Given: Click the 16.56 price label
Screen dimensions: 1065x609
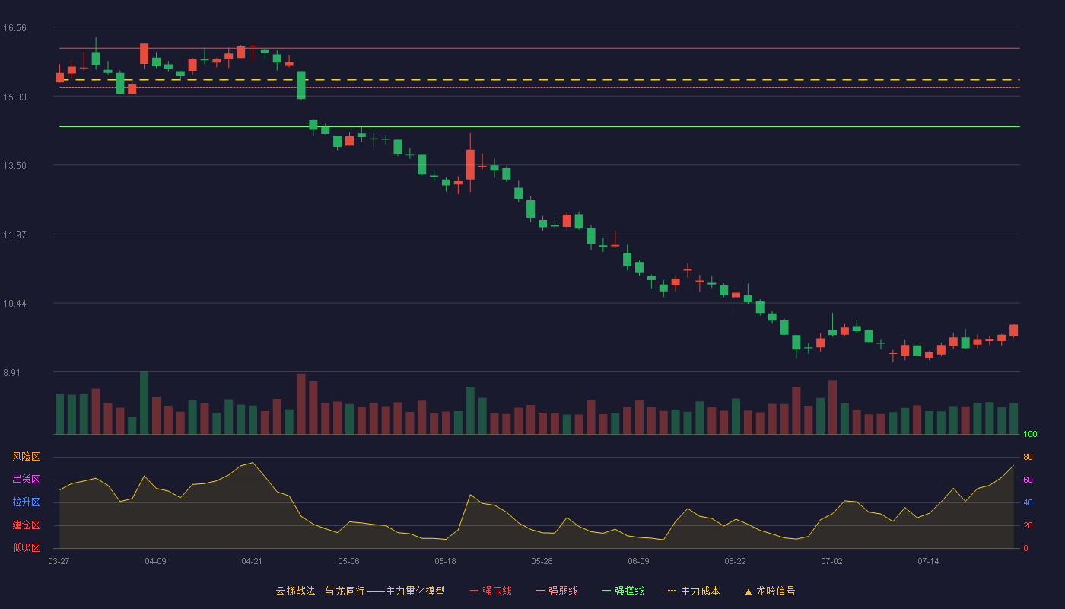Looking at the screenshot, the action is pos(14,28).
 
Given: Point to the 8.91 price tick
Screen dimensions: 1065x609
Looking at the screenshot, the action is pos(12,372).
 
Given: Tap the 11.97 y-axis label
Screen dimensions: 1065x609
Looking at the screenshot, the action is pos(14,234).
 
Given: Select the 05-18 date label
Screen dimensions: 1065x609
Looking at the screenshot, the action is pos(445,562).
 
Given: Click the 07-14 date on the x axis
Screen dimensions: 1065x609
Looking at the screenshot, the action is pos(928,562).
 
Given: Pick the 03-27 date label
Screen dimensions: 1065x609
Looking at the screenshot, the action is pos(59,562).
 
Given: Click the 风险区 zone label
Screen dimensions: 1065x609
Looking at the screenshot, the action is pos(26,457).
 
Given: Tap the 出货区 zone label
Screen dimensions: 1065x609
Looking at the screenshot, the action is pos(26,479).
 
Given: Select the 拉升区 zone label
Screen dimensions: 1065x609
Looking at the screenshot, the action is pos(26,502).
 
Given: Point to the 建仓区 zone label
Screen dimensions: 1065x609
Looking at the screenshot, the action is pos(26,525).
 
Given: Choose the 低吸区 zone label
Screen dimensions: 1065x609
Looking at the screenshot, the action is pos(26,547).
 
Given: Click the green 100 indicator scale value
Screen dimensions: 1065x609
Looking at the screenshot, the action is pos(1030,434).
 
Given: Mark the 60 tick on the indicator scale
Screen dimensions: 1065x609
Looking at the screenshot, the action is pos(1028,480).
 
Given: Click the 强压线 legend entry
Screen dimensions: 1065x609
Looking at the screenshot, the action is pos(491,591).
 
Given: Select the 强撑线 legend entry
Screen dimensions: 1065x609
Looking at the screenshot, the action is pos(623,591).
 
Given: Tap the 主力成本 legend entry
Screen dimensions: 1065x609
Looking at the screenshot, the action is pos(694,591).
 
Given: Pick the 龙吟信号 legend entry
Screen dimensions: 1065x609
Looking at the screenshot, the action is pos(770,591).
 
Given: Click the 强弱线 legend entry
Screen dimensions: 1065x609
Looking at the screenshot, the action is pos(557,591).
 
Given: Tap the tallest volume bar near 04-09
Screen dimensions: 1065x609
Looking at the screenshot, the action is pos(144,403).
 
